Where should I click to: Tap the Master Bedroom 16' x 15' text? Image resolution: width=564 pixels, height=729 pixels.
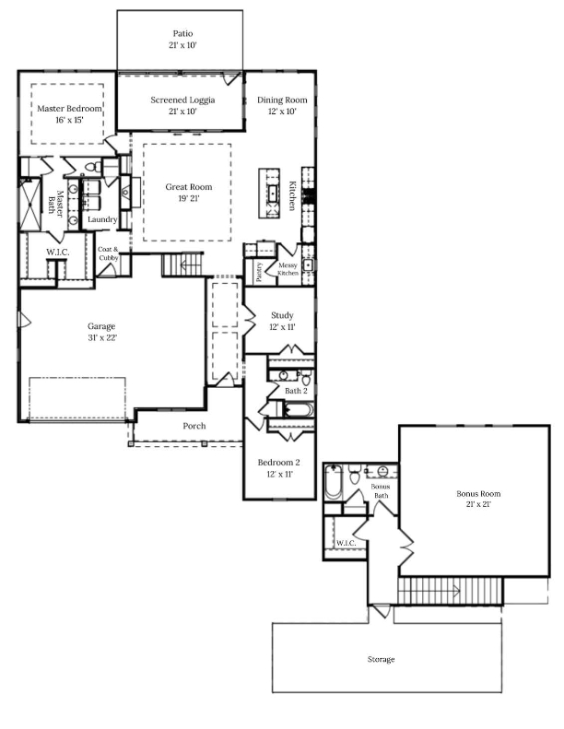69,114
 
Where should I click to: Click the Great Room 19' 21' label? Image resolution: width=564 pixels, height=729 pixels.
189,193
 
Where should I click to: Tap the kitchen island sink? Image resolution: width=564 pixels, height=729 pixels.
273,193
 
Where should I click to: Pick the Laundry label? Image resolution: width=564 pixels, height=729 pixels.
102,219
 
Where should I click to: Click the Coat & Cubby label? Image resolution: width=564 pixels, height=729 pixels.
109,253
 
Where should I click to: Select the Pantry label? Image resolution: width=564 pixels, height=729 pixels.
259,272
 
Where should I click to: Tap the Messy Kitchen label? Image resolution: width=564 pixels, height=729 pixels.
288,269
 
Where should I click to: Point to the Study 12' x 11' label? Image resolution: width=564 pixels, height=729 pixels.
282,321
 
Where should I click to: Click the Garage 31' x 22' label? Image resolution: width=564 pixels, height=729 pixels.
101,332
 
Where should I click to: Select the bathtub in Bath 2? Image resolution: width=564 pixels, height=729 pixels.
299,410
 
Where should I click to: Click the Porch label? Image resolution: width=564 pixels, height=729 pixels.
194,426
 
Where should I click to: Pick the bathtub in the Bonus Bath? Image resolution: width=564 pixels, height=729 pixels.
333,482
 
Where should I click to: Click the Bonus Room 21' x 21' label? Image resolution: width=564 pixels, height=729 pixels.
478,499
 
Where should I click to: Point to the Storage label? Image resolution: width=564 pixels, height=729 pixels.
382,659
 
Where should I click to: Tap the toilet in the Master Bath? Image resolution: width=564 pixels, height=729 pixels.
92,166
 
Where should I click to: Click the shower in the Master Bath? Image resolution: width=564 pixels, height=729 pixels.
30,205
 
